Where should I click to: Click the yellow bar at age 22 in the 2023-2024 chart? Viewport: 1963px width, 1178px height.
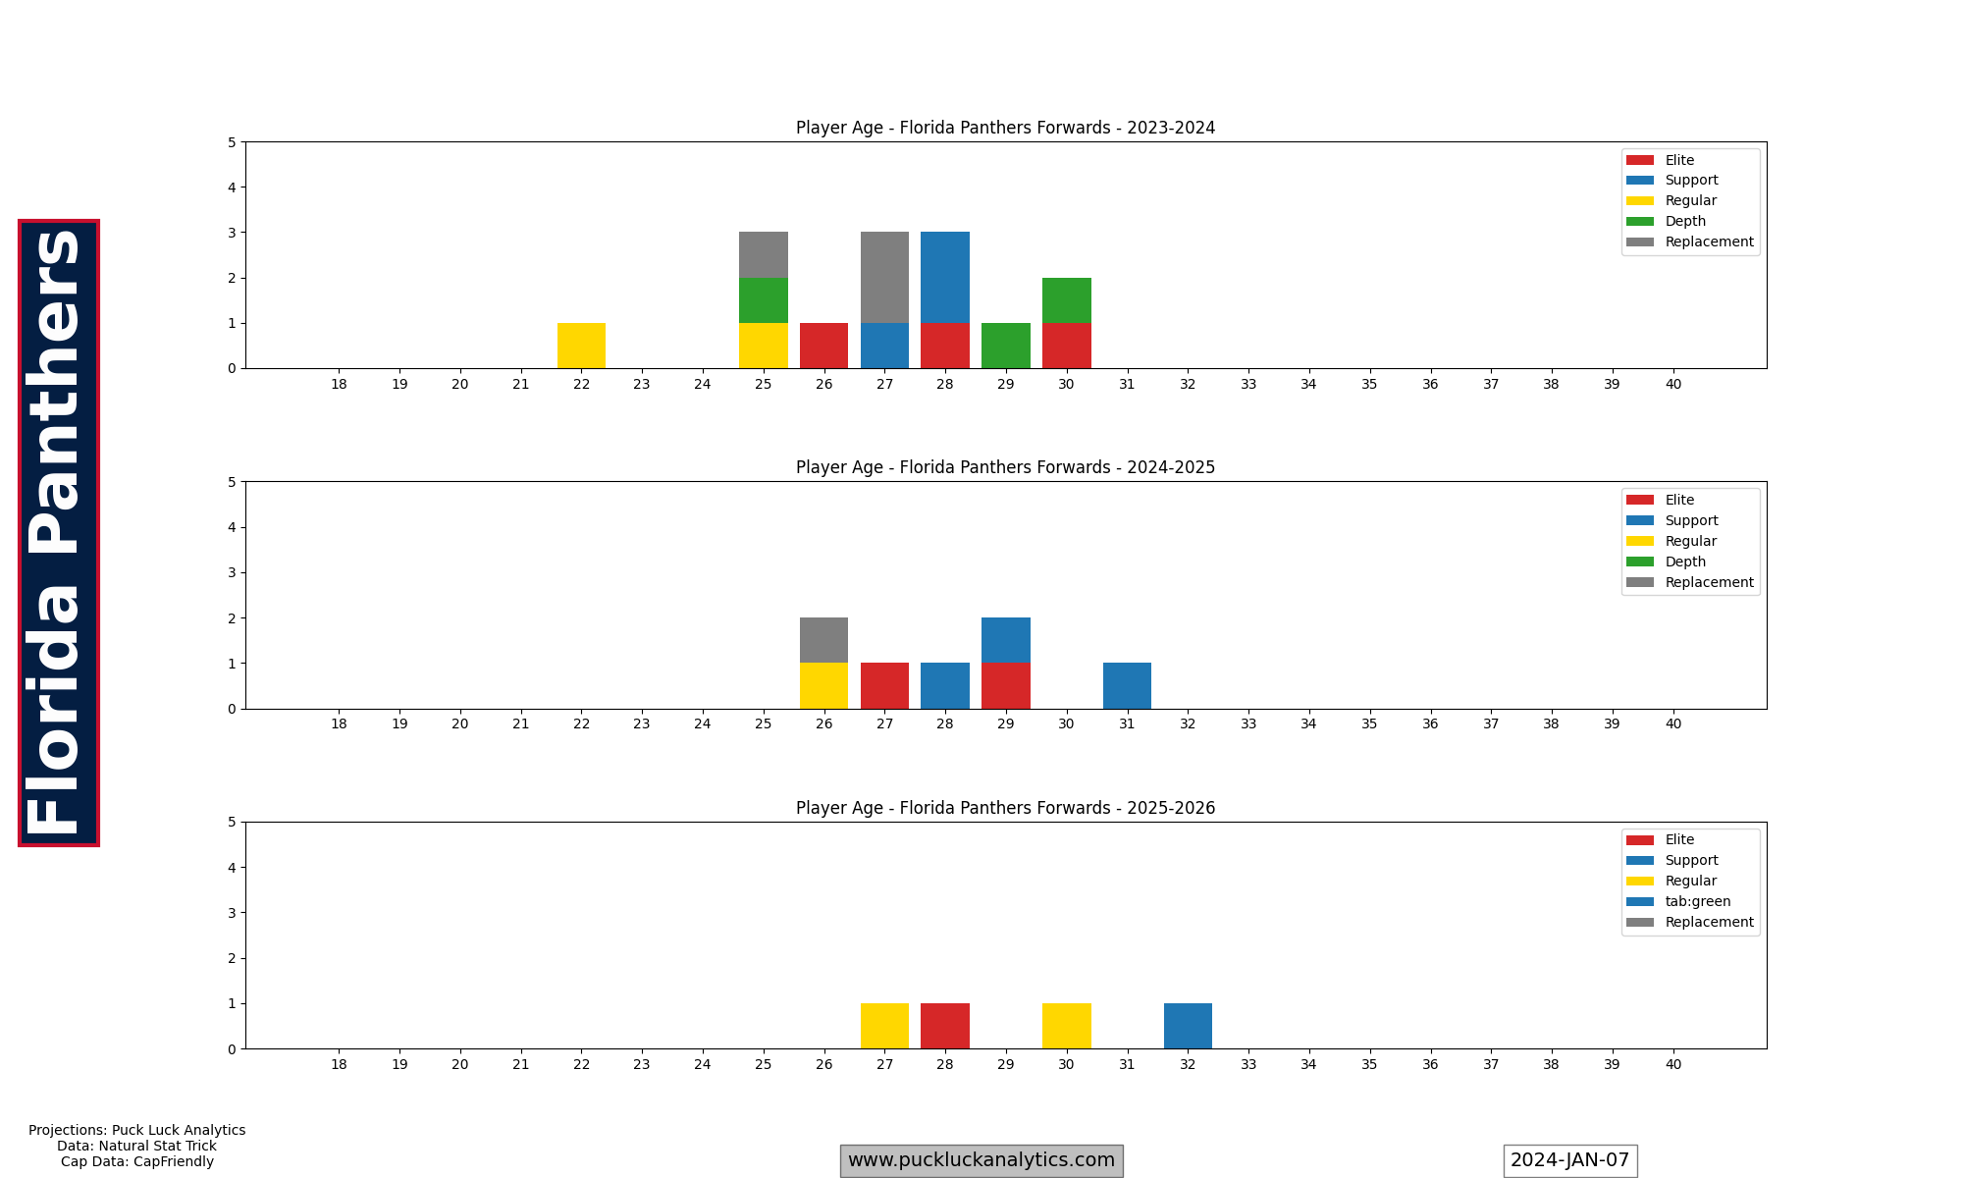click(581, 346)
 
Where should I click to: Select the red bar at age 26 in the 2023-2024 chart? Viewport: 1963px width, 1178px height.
click(823, 346)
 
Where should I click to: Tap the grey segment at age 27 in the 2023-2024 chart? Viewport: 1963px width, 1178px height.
click(884, 278)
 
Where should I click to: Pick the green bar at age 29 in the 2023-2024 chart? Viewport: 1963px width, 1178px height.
click(1005, 346)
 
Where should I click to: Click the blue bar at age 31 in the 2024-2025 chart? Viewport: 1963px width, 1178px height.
click(1127, 686)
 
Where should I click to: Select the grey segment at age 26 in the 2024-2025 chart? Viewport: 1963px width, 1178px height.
click(823, 640)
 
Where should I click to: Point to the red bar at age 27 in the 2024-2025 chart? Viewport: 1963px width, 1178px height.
click(884, 686)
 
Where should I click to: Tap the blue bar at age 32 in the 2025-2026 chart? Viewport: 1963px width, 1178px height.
click(1188, 1026)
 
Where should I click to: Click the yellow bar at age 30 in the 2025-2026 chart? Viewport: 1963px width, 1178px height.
click(1066, 1026)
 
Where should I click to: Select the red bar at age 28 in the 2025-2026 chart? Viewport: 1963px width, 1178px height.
click(945, 1026)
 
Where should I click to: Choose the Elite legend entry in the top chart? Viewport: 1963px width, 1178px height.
click(1679, 160)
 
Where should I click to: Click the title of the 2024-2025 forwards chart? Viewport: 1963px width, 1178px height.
click(1005, 467)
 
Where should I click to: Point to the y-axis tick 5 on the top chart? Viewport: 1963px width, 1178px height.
click(232, 142)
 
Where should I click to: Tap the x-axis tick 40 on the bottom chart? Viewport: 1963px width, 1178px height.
click(1672, 1064)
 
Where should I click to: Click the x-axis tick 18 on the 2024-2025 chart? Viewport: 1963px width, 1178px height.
click(339, 723)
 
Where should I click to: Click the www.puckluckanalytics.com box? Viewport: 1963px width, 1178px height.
click(981, 1160)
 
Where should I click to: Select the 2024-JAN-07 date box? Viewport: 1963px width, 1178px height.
click(1569, 1160)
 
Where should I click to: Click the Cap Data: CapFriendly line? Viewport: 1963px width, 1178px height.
click(137, 1161)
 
